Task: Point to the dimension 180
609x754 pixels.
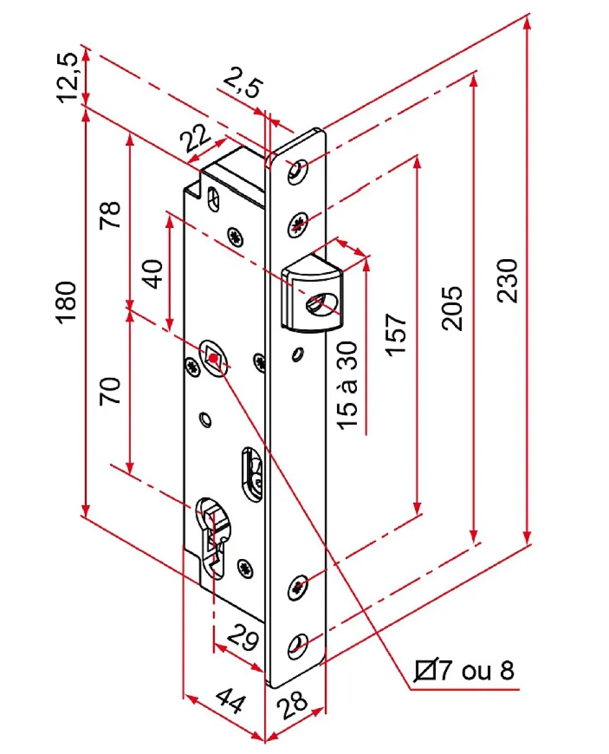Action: [69, 303]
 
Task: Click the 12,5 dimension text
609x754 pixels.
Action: [69, 76]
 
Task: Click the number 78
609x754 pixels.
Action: [110, 215]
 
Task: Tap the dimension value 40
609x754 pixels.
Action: [154, 274]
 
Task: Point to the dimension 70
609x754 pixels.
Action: [111, 392]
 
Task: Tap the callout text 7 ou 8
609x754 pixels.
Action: [476, 670]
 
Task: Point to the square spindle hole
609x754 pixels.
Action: [213, 357]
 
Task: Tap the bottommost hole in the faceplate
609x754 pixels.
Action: [299, 644]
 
